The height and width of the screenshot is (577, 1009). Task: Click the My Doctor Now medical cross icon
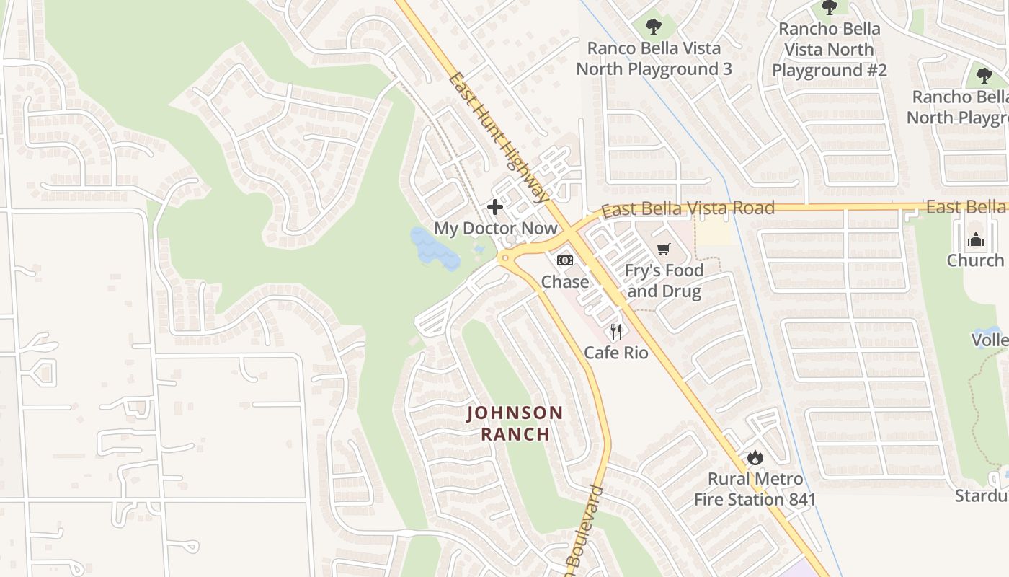495,208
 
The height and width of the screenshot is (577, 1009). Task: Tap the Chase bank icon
565,260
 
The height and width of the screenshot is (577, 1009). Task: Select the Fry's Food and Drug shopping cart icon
664,250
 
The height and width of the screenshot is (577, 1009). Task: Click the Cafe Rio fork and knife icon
616,332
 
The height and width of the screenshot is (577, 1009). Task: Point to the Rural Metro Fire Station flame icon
755,457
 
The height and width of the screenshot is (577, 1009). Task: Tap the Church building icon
976,239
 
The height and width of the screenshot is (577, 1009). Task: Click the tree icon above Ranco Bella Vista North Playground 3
654,27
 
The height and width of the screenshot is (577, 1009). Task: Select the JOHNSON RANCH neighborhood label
515,423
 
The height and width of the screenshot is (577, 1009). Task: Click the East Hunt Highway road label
498,137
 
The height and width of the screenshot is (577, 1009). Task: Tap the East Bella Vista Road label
688,208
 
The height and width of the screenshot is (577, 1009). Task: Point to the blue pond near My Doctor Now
435,249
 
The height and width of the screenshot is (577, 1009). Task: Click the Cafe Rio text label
616,353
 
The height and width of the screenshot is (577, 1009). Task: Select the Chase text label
565,281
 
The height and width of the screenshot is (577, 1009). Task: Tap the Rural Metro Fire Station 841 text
755,489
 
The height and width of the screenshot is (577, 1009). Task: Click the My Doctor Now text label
495,229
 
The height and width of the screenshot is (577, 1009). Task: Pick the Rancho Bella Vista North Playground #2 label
829,50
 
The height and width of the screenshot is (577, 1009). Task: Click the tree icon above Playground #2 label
830,8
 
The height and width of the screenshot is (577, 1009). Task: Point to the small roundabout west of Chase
504,257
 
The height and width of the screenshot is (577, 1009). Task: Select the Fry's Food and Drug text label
663,281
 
